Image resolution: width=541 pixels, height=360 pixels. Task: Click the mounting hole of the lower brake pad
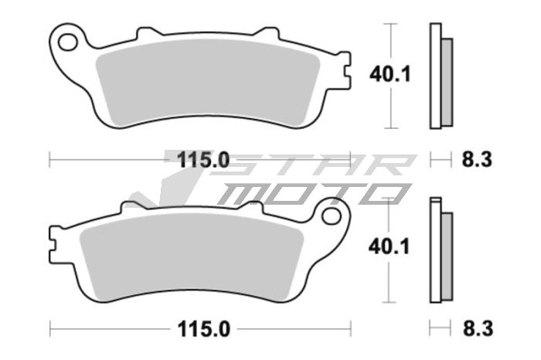(335, 212)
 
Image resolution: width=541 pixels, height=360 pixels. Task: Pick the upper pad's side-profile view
(441, 76)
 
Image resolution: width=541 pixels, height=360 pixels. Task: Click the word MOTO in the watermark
(309, 193)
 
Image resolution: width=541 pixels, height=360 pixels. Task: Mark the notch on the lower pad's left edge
(53, 244)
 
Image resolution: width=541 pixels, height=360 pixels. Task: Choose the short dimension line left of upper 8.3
(441, 160)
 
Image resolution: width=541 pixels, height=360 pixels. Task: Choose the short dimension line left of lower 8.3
(441, 328)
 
